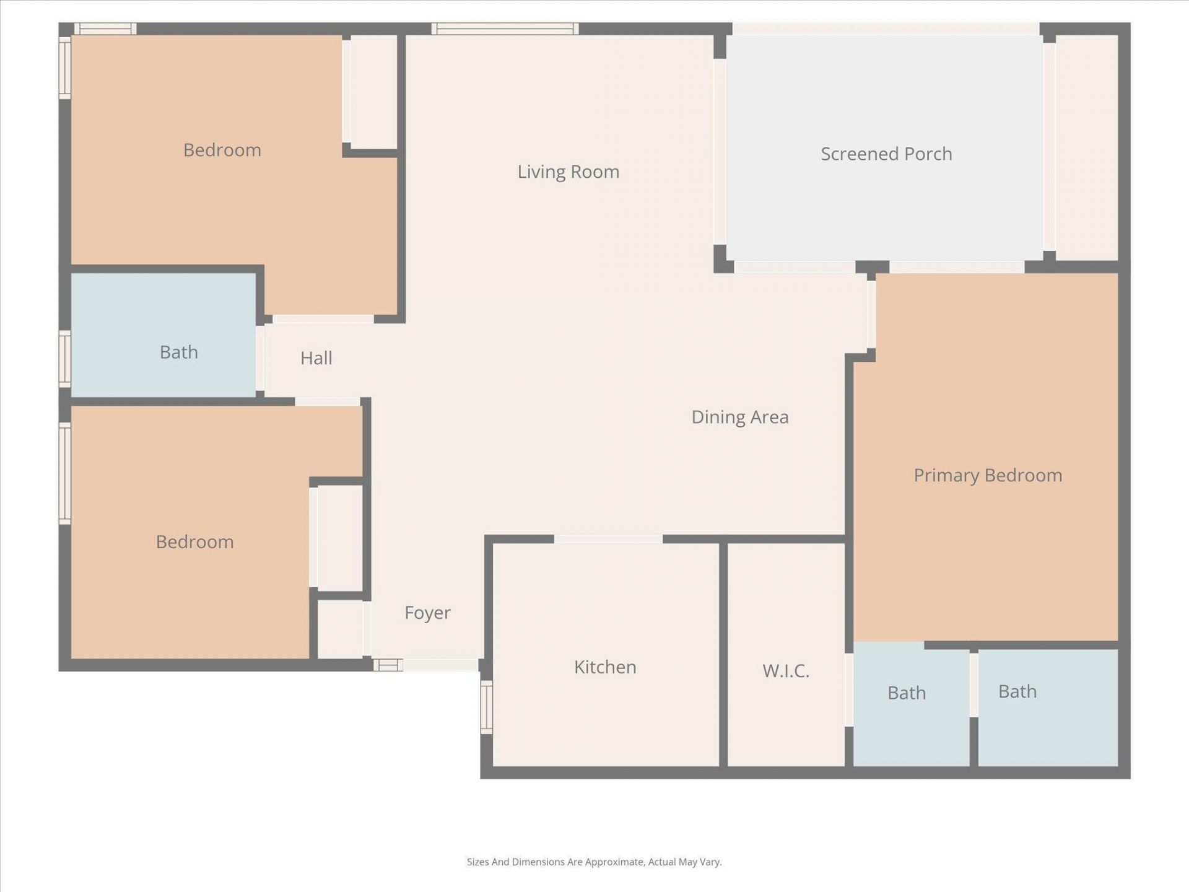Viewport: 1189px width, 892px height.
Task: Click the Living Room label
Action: (568, 172)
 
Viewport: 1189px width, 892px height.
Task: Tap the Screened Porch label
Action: (886, 154)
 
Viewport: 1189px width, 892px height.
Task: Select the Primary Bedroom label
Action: (987, 475)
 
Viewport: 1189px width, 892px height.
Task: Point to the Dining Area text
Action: (739, 417)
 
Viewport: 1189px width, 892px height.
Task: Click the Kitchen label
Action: (604, 667)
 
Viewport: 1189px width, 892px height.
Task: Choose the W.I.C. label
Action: (785, 671)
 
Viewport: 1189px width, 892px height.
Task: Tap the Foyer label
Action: (427, 613)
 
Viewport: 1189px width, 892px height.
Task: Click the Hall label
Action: (316, 358)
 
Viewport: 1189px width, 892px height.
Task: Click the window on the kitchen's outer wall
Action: (487, 707)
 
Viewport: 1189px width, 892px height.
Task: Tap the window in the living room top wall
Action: (505, 28)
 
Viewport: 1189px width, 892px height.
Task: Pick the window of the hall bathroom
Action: (64, 359)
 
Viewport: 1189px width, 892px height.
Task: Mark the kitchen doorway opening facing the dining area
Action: (608, 539)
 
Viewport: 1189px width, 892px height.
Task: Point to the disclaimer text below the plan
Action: (594, 862)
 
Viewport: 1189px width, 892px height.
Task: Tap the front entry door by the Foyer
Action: (440, 665)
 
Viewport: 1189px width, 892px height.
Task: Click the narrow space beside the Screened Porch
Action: (1086, 147)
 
